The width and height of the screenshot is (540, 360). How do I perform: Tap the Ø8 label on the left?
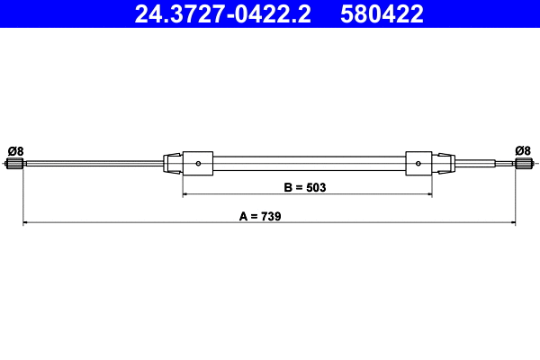[15, 150]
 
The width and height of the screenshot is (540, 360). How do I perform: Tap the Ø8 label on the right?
[523, 150]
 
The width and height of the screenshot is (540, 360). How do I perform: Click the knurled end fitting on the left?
[15, 164]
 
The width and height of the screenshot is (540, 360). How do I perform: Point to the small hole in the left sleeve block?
[199, 164]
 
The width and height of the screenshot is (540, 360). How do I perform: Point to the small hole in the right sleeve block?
[418, 164]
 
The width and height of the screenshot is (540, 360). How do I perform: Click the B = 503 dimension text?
[304, 188]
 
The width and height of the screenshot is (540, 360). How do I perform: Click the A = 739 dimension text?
[261, 216]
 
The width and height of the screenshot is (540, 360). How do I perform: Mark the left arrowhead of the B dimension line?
[186, 193]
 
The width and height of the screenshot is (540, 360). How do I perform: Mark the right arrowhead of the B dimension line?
[428, 193]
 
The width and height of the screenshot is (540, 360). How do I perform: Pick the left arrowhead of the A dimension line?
[26, 221]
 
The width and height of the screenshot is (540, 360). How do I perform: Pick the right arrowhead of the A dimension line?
[513, 221]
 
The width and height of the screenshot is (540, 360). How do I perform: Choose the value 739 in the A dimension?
[273, 216]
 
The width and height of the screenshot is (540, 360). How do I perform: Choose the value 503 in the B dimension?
[315, 188]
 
